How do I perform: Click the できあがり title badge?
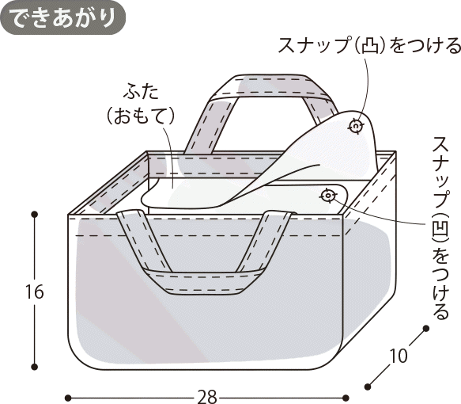coord(63,17)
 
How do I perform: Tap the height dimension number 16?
coord(35,292)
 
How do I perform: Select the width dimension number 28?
coord(207,397)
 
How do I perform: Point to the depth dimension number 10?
coord(399,356)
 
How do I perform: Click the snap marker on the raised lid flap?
coord(356,126)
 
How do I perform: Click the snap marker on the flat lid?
coord(328,195)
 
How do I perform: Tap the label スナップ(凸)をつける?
coord(369,46)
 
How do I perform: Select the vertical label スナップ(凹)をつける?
coord(440,227)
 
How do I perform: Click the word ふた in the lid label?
coord(141,91)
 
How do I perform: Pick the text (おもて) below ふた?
coord(141,116)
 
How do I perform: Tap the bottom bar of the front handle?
coord(203,282)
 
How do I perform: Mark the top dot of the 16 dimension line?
coord(35,214)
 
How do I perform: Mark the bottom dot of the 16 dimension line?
coord(35,367)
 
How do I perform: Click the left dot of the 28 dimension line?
coord(68,398)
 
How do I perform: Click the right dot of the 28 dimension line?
coord(346,398)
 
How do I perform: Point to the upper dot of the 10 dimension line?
coord(425,328)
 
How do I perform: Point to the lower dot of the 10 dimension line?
coord(368,387)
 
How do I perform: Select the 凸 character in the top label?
coord(369,46)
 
